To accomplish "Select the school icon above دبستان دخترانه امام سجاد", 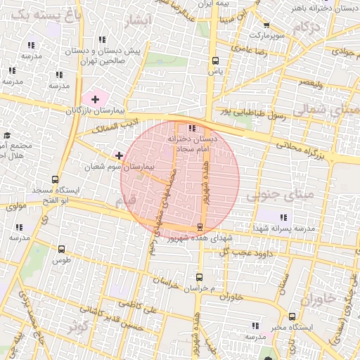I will coord(192,128).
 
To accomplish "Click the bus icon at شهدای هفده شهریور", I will coord(200,227).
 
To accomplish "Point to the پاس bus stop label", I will coord(215,71).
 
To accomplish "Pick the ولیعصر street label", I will coord(309,83).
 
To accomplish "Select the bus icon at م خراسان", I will coord(199,278).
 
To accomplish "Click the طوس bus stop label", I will coord(62,260).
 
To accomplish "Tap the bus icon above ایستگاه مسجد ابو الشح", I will coord(56,181).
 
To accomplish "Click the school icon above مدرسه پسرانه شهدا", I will coord(285,219).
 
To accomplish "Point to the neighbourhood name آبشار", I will coord(136,21).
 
